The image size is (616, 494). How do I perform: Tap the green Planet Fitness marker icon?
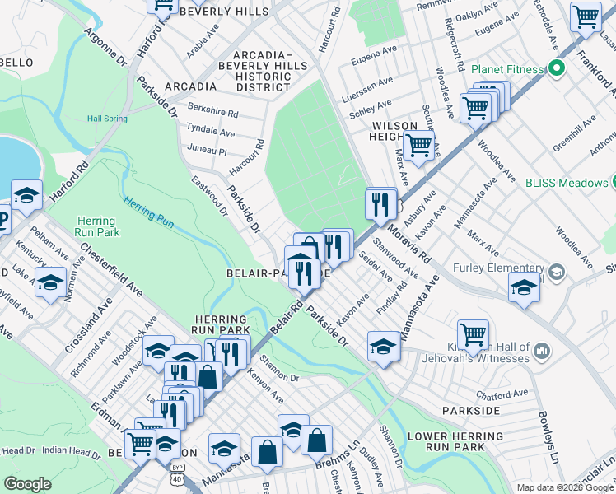tap(556, 69)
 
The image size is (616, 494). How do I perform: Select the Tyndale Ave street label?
tap(211, 133)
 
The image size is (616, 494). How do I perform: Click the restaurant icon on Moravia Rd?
tap(380, 203)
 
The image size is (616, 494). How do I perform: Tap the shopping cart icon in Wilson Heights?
tap(419, 146)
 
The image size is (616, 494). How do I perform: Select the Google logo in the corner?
tap(27, 484)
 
